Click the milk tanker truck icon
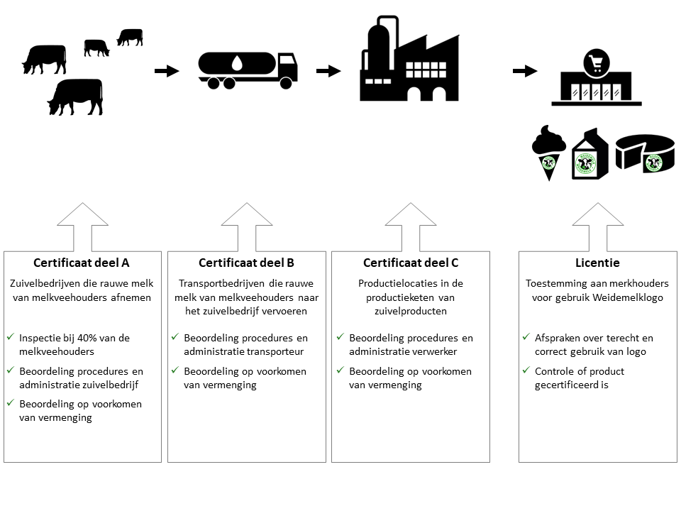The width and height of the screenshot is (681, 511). (248, 70)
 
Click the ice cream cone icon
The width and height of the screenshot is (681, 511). (548, 151)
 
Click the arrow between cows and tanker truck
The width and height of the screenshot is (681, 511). (167, 71)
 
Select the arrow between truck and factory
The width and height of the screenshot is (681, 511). (328, 71)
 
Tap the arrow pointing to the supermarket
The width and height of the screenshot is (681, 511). (525, 71)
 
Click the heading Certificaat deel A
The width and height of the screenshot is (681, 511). (82, 263)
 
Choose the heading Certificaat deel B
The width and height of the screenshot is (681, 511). (246, 263)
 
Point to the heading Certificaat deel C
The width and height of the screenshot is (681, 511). (410, 263)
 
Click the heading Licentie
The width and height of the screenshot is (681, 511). (598, 263)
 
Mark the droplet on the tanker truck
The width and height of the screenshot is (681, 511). (236, 62)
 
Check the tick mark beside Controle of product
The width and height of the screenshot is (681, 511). (526, 371)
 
